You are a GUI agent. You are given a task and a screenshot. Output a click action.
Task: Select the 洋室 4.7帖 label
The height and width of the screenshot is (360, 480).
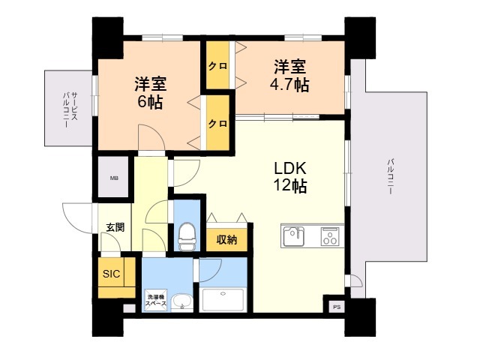pos(289,75)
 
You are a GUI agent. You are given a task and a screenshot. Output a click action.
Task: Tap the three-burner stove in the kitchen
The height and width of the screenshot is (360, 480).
pos(329,237)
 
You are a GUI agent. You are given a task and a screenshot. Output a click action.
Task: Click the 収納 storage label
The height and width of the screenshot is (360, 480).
pos(227,240)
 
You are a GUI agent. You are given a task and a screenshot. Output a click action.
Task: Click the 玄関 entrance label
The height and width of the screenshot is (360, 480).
pos(115,226)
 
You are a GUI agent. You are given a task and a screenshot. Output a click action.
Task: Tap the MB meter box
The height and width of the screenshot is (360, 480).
pos(114,178)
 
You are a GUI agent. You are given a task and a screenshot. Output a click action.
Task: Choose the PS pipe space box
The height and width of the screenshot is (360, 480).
pos(334,306)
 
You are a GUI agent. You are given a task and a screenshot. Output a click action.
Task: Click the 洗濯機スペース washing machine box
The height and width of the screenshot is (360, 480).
pos(155,301)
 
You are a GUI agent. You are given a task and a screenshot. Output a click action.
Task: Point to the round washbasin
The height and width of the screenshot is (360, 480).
pos(181,302)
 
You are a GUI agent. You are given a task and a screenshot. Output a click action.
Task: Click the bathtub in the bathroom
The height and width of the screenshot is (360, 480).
pos(223,299)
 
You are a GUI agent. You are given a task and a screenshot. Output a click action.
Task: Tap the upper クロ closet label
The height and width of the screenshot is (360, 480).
pos(218,66)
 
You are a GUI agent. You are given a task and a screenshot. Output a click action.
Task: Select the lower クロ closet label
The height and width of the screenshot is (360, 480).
pos(218,122)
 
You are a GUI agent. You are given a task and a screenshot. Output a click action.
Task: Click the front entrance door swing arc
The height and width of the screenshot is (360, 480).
pos(77,217)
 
